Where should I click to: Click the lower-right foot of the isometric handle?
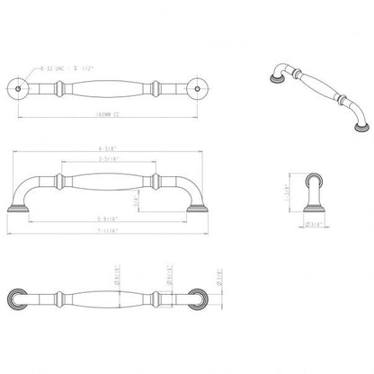click(x=354, y=127)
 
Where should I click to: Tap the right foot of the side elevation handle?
click(x=194, y=208)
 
